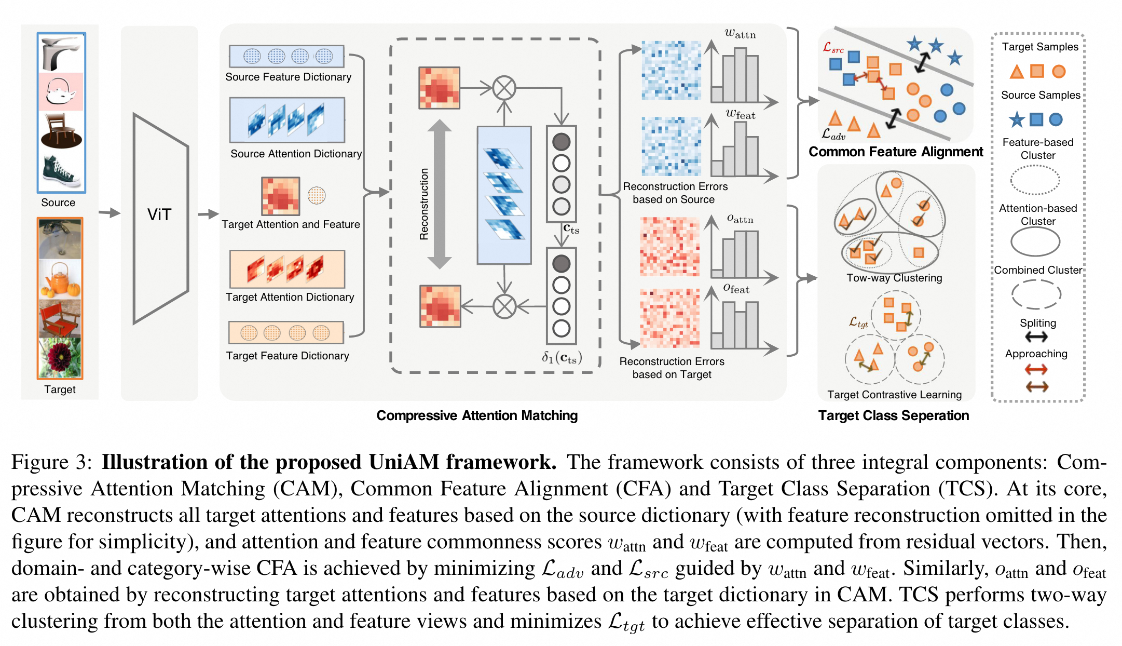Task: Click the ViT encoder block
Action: pyautogui.click(x=160, y=218)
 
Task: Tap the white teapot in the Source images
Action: pyautogui.click(x=61, y=91)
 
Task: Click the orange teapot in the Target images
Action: pyautogui.click(x=61, y=279)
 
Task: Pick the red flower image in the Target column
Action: pyautogui.click(x=60, y=357)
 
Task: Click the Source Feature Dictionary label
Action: pyautogui.click(x=288, y=77)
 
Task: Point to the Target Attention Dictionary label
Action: pyautogui.click(x=290, y=297)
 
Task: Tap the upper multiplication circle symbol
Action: pyautogui.click(x=504, y=88)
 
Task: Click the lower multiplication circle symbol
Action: pyautogui.click(x=504, y=306)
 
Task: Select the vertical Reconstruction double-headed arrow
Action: pyautogui.click(x=440, y=194)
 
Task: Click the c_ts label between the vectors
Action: pyautogui.click(x=571, y=229)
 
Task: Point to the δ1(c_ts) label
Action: pyautogui.click(x=562, y=357)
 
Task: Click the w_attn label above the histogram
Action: pyautogui.click(x=740, y=34)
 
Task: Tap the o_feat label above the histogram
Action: pyautogui.click(x=736, y=288)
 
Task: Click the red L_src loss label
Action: pyautogui.click(x=833, y=48)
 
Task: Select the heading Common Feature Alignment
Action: pyautogui.click(x=896, y=152)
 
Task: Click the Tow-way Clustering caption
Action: pyautogui.click(x=894, y=278)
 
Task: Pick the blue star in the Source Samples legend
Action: pyautogui.click(x=1017, y=120)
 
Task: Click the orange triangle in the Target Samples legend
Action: pyautogui.click(x=1017, y=72)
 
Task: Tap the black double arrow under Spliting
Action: pyautogui.click(x=1036, y=337)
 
